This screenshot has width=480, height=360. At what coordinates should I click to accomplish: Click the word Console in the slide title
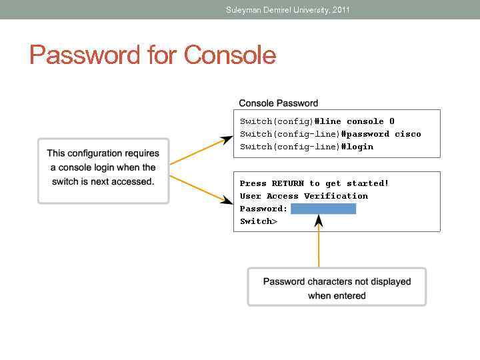(x=230, y=55)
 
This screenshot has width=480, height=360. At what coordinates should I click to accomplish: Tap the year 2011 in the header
(x=341, y=9)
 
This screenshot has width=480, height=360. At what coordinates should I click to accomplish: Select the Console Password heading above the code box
(x=278, y=103)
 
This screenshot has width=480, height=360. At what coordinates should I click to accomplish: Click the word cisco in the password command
(x=408, y=134)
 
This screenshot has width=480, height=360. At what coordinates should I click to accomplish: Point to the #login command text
(x=357, y=147)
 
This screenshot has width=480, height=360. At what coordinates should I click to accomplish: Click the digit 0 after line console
(x=392, y=121)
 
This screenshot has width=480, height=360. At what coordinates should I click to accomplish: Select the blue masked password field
(x=323, y=209)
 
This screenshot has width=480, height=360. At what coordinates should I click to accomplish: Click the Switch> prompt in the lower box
(x=259, y=221)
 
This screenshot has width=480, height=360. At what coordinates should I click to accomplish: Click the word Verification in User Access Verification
(x=336, y=196)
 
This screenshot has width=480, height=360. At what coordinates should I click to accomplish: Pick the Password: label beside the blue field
(x=263, y=209)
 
